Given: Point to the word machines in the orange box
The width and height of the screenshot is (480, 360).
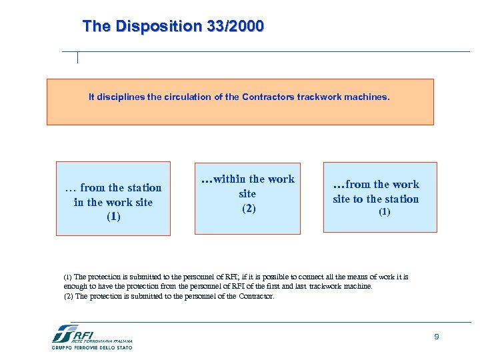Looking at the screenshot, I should [369, 97].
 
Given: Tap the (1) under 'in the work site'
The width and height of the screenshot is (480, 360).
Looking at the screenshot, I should [113, 217].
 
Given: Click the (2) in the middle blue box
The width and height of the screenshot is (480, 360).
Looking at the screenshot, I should [247, 208].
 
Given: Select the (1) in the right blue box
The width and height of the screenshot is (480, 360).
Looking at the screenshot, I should [385, 212].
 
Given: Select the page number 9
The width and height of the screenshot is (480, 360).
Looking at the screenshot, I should [437, 337].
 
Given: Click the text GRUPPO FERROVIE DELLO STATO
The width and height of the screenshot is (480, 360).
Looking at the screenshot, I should [92, 347].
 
